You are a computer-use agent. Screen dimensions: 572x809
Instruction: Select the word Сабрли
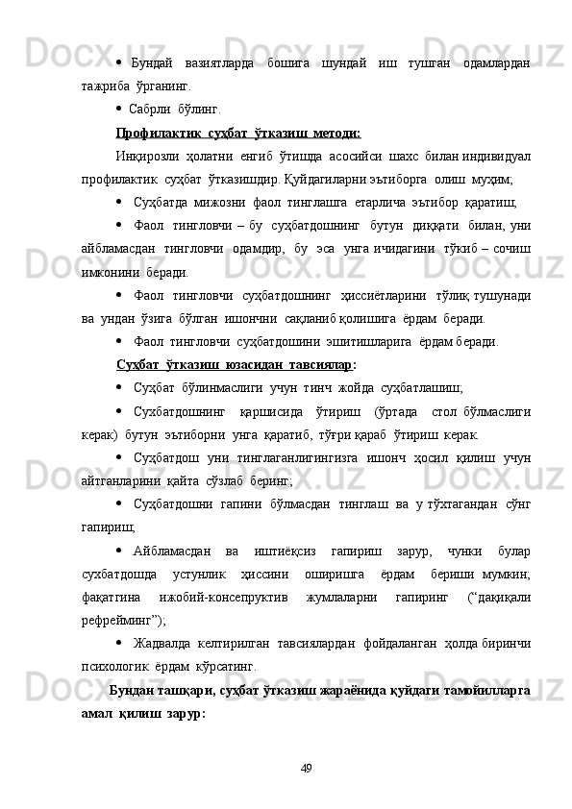click(x=149, y=109)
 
